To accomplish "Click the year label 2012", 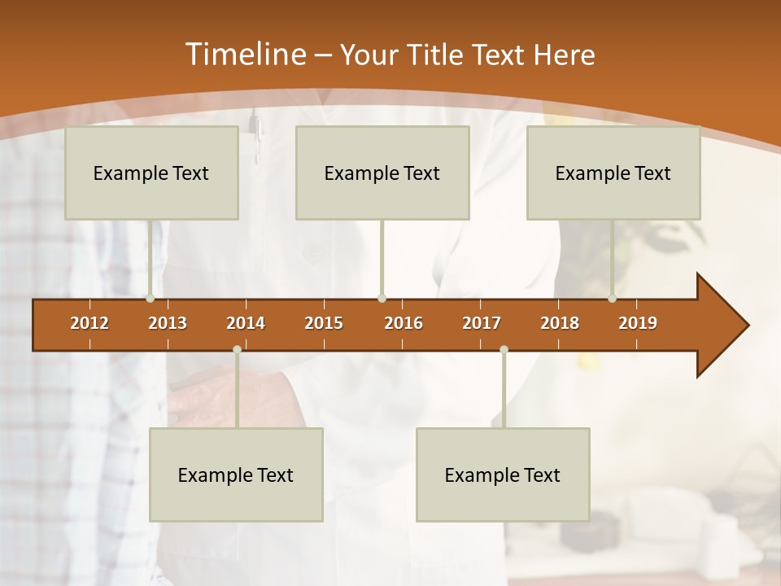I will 89,323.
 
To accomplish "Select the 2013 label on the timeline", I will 168,323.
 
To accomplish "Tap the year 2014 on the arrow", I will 246,323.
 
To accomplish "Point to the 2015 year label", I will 324,323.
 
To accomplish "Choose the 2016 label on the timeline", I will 404,323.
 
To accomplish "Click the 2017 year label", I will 482,323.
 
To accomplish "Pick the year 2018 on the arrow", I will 560,323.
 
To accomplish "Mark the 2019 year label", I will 638,323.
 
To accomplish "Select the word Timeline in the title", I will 244,55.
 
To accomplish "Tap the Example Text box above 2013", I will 151,173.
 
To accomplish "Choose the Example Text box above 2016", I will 382,173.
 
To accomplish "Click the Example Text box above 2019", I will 613,173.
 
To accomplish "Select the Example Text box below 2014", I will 236,475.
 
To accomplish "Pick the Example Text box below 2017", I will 503,475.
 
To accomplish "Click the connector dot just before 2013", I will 151,299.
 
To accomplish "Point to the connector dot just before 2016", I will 382,299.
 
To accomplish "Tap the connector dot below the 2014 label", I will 237,349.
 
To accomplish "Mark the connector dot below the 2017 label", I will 504,349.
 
